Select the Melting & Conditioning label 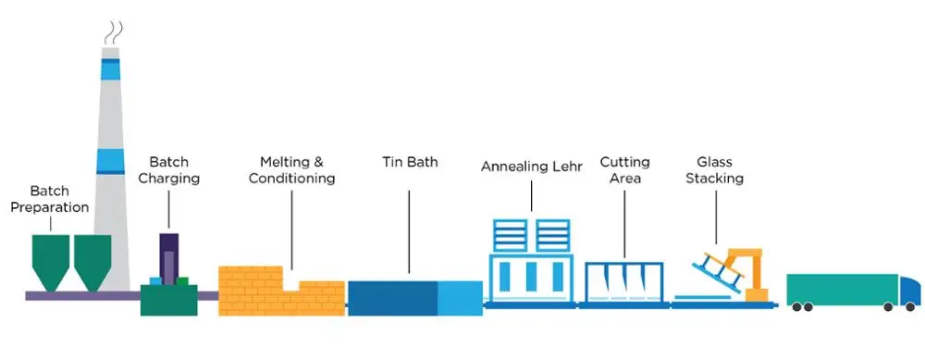(291, 169)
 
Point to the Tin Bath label (410, 163)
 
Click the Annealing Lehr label (533, 167)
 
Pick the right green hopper (93, 259)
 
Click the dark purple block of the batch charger (168, 254)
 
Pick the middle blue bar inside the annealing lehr (532, 276)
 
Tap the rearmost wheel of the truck (796, 306)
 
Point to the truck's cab (910, 290)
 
